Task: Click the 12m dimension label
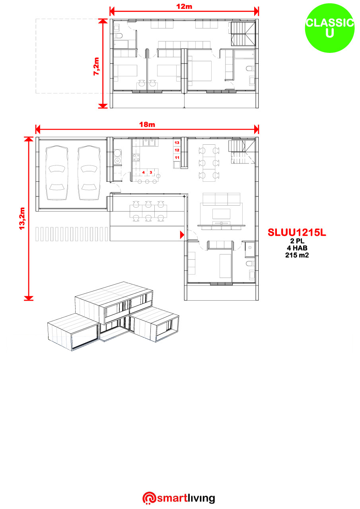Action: tap(184, 6)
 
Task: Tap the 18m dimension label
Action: tap(147, 124)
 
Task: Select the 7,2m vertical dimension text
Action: tap(96, 66)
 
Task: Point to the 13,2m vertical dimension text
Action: tap(22, 218)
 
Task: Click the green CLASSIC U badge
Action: tap(329, 28)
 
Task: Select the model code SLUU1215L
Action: tap(297, 232)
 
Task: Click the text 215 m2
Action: tap(297, 255)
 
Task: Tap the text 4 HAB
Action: tap(297, 248)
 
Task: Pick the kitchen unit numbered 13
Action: tap(177, 143)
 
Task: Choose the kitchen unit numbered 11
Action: tap(177, 157)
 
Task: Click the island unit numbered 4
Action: tap(144, 173)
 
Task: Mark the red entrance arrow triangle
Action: tap(182, 235)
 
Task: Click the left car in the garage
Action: tap(57, 173)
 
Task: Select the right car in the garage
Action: tap(89, 173)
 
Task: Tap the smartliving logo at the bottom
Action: tap(179, 499)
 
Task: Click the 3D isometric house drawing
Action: tap(113, 316)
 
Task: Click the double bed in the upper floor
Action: tap(200, 71)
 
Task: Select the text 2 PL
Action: tap(297, 241)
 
